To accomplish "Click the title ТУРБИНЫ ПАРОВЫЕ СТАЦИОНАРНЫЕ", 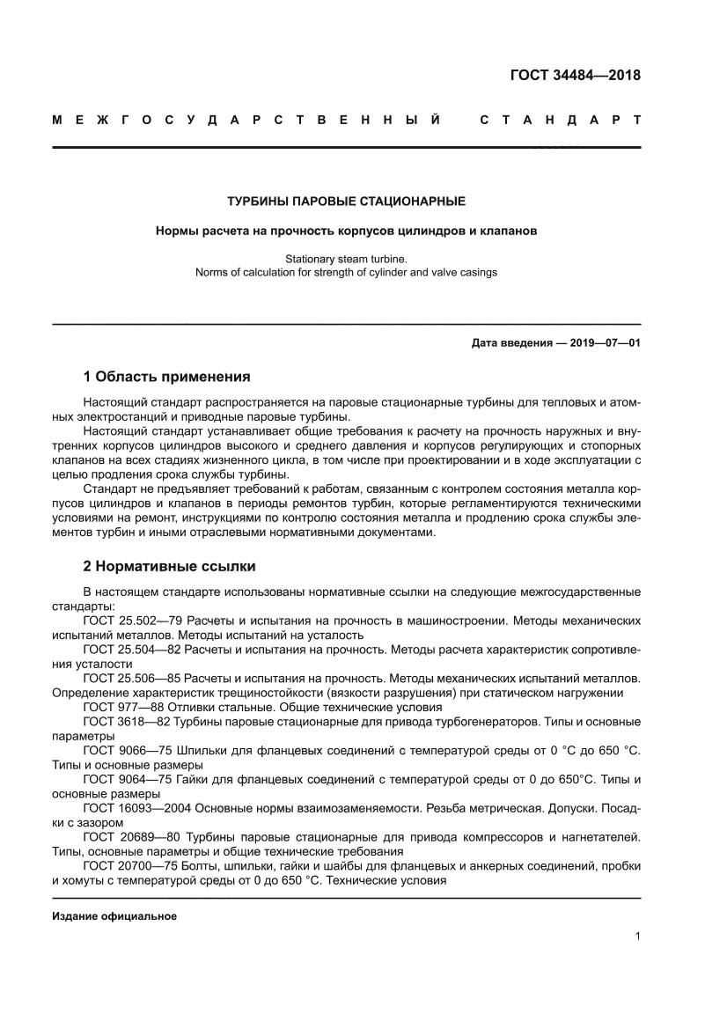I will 346,202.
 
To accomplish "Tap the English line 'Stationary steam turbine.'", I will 346,259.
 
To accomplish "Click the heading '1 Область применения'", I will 166,377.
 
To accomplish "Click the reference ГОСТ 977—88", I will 119,707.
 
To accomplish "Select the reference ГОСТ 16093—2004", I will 131,808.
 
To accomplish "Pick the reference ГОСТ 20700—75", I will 128,865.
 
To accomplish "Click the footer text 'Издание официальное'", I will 114,915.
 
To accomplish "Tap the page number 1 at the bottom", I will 636,937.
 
